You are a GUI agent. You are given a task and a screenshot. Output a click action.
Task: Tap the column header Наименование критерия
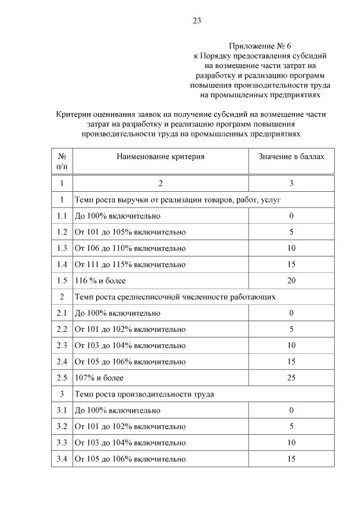click(160, 156)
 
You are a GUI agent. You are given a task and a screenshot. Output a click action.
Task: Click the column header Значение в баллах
click(291, 156)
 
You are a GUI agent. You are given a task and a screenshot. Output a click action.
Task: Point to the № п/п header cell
click(62, 161)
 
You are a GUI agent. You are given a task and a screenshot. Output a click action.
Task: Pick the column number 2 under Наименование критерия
click(160, 183)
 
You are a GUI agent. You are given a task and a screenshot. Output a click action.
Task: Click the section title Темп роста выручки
click(178, 200)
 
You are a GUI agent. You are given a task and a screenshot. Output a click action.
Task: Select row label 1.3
click(62, 248)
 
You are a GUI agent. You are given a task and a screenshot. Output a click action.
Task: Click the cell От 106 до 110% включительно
click(130, 248)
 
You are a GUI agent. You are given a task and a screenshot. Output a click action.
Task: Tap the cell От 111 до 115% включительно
click(130, 264)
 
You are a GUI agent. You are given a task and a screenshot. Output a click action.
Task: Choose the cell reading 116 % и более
click(100, 280)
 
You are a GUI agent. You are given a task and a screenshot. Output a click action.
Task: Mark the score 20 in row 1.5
click(291, 280)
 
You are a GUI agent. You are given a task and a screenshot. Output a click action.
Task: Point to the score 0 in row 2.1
click(291, 313)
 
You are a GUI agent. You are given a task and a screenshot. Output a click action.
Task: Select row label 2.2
click(62, 329)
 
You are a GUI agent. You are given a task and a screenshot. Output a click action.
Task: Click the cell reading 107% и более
click(99, 377)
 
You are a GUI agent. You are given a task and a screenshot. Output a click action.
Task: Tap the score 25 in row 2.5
click(291, 377)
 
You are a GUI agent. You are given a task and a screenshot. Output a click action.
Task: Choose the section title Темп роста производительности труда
click(144, 394)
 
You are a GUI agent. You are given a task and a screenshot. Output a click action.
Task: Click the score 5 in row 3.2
click(291, 426)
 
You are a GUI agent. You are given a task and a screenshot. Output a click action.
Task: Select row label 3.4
click(62, 459)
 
